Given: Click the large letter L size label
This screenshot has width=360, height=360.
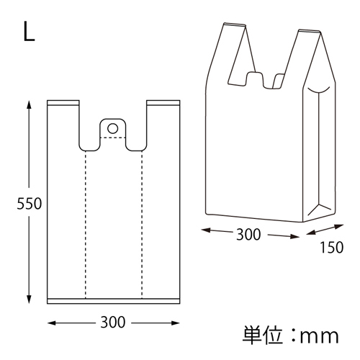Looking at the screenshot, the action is (x=29, y=32).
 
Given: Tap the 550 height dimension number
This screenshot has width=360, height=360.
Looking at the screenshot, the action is (x=29, y=204).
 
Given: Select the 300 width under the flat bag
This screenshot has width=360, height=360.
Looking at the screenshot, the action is (x=113, y=322).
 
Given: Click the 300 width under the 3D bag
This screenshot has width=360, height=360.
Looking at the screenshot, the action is (x=248, y=235).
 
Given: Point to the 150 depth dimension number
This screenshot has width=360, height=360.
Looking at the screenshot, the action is (x=332, y=248).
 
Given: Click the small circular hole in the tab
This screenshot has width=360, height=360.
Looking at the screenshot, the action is (x=112, y=128).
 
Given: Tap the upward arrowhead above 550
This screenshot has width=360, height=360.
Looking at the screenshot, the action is (x=29, y=105).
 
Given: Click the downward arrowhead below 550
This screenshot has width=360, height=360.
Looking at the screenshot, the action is (x=29, y=300).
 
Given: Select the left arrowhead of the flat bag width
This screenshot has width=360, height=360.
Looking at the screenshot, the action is (x=52, y=323).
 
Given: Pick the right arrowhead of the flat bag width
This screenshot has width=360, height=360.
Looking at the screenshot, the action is (x=175, y=323).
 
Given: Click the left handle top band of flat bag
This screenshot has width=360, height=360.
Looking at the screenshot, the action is (x=63, y=103).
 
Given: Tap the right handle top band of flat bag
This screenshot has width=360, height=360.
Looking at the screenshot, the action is (x=163, y=103).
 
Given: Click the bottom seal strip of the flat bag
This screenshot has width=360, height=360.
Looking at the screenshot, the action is (x=113, y=301).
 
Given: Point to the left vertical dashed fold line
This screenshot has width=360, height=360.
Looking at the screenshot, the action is (x=86, y=225).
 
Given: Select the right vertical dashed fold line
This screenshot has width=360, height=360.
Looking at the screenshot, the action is (x=142, y=225).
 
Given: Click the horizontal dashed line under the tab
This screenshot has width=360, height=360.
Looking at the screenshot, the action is (x=112, y=138).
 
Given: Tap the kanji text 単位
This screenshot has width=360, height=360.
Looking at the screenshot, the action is (x=262, y=336).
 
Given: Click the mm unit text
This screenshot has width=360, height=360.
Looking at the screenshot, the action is (x=319, y=336).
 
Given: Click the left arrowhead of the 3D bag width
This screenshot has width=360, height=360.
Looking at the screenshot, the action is (x=206, y=230).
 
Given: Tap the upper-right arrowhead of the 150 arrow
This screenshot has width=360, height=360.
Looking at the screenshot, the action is (x=339, y=226).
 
